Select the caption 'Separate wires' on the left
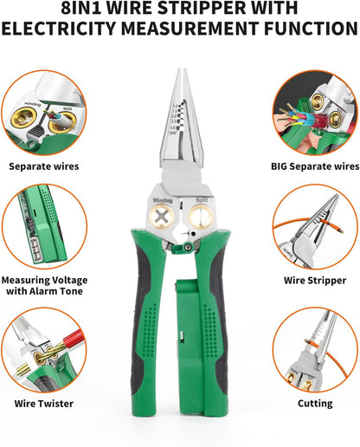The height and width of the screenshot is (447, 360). click(x=43, y=165)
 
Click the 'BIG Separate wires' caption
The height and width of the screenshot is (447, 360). click(x=315, y=165)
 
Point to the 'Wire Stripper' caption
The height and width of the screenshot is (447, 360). click(x=315, y=281)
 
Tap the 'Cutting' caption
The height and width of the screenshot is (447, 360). click(x=315, y=403)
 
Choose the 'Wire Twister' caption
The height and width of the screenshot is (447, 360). click(x=43, y=403)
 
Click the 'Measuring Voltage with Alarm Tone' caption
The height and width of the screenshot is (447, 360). click(x=43, y=287)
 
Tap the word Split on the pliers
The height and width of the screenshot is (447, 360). click(x=200, y=200)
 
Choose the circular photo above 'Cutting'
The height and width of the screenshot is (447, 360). click(x=315, y=350)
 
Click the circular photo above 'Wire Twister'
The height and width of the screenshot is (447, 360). click(x=43, y=350)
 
